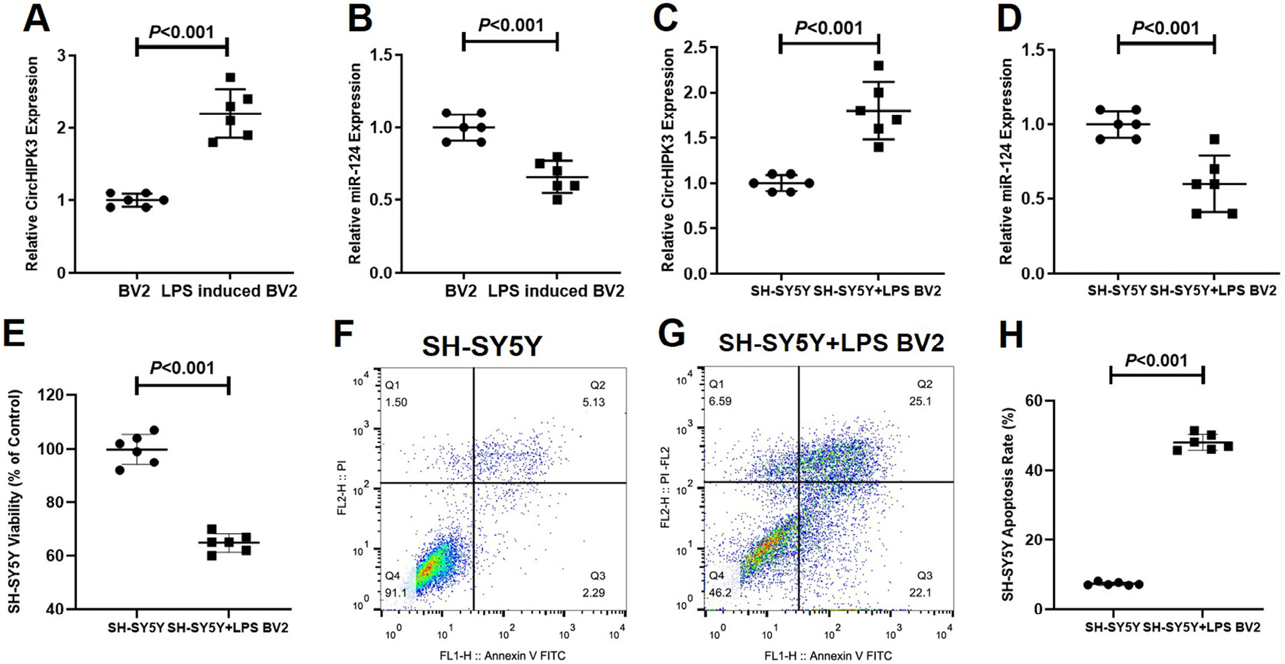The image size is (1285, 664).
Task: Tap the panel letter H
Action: point(1011,335)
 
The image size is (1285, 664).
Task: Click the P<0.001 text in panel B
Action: point(511,25)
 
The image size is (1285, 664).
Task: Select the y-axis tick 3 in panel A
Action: point(61,56)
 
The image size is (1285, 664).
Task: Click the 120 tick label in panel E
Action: point(52,395)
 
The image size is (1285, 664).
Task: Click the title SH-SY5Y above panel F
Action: point(482,346)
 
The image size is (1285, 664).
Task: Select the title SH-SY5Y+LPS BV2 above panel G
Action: point(831,342)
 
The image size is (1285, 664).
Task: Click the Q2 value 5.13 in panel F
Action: point(593,402)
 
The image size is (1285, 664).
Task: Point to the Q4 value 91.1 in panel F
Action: point(396,593)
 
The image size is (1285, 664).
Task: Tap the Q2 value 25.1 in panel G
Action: point(920,401)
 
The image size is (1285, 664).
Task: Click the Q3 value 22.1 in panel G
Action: point(920,592)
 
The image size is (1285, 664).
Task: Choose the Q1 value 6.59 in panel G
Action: point(720,401)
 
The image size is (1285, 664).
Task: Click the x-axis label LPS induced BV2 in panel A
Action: point(229,291)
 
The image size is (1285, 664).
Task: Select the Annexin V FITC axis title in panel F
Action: point(502,655)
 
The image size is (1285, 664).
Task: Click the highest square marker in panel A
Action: point(231,78)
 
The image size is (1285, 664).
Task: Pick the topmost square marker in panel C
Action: point(879,65)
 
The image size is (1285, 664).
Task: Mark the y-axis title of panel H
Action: point(1008,504)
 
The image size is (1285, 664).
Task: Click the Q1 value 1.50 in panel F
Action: point(396,402)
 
